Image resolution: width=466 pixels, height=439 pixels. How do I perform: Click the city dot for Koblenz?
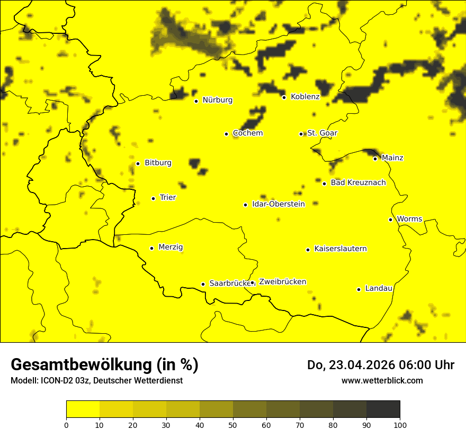click(x=284, y=97)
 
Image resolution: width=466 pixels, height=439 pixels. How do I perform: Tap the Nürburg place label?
click(x=217, y=100)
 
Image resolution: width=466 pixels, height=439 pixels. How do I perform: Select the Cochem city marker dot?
click(x=226, y=134)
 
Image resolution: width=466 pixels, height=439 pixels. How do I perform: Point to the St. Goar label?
click(x=322, y=133)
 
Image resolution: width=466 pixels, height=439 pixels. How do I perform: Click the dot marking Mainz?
click(x=375, y=159)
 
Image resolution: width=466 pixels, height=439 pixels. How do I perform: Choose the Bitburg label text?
click(x=158, y=163)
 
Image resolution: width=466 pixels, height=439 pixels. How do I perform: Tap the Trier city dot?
click(x=153, y=198)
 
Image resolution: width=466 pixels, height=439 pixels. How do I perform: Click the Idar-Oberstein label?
click(x=279, y=204)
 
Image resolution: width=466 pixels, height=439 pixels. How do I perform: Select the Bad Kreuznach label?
click(x=358, y=182)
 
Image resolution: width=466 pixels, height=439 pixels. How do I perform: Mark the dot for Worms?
click(x=390, y=219)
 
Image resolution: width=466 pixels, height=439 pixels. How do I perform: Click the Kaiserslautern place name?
click(x=340, y=249)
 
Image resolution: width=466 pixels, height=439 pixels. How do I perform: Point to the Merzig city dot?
click(x=151, y=248)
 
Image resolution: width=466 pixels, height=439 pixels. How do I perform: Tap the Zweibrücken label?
click(x=282, y=281)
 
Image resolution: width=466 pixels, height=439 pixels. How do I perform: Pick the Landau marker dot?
click(x=359, y=289)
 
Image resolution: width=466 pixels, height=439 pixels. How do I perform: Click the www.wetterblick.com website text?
click(x=382, y=381)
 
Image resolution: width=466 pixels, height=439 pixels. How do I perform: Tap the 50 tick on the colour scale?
click(x=233, y=425)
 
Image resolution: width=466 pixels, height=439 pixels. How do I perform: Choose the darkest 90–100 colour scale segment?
click(x=383, y=409)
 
